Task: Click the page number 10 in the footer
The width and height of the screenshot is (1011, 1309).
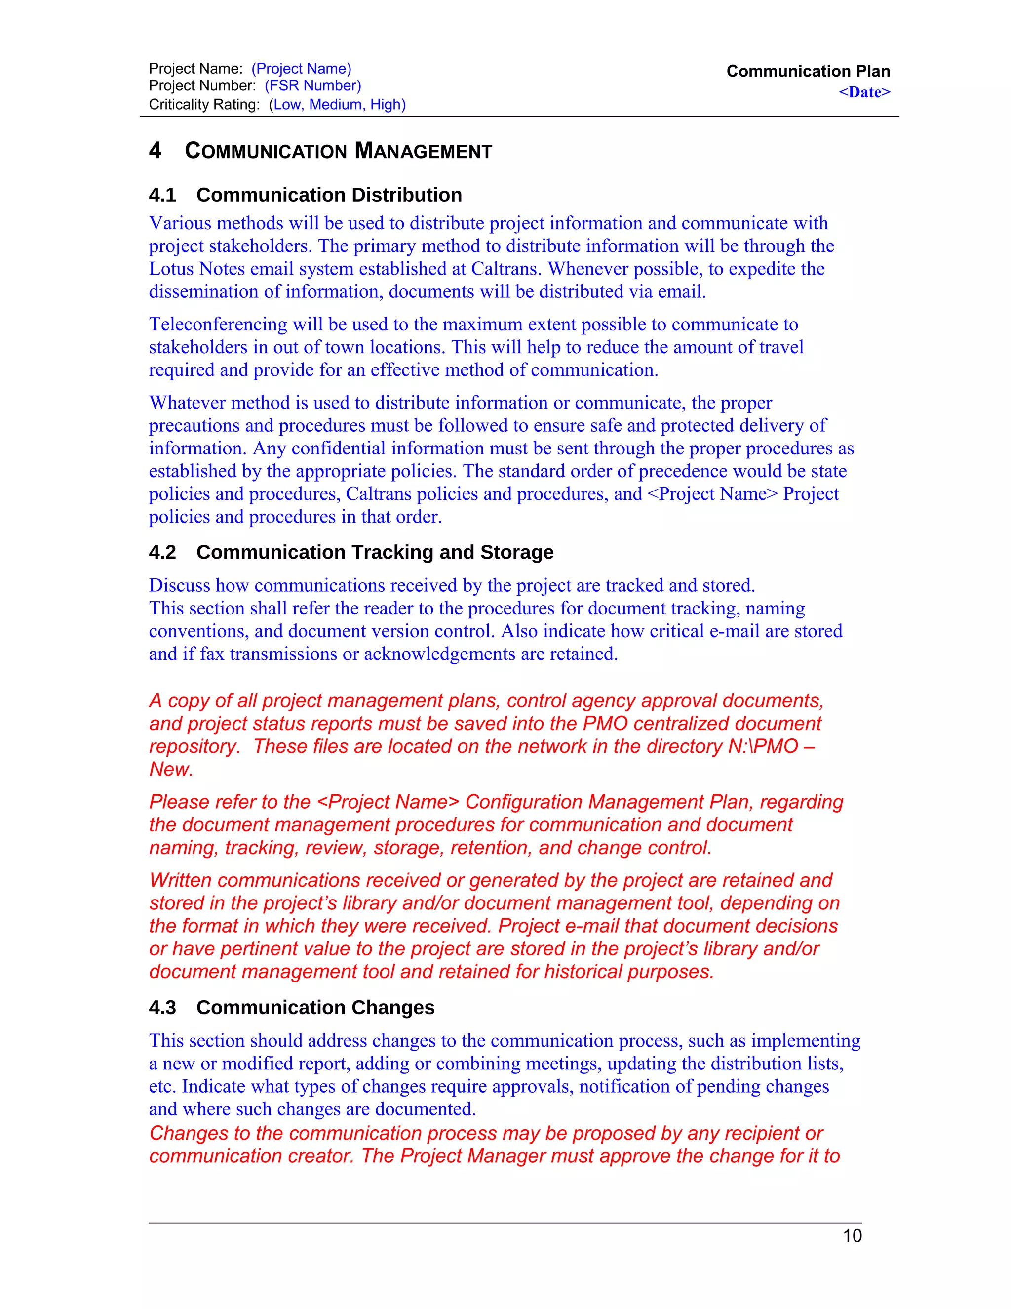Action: pos(852,1235)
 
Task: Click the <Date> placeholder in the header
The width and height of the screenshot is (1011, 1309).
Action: pos(864,92)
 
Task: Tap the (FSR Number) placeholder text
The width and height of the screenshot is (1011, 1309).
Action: pos(312,86)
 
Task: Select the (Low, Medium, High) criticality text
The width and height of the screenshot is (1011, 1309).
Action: pos(337,104)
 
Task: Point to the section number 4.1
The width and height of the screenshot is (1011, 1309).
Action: pos(162,195)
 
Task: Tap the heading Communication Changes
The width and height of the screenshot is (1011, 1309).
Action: pos(315,1008)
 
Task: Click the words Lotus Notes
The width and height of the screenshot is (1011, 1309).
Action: pos(196,269)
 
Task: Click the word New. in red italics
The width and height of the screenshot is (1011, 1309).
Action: pos(171,769)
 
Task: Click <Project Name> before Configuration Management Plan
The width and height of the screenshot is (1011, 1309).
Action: pos(388,802)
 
